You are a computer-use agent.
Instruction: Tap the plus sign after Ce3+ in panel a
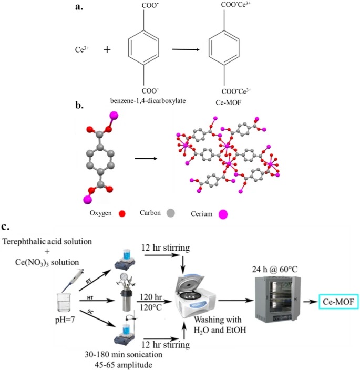[107, 50]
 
